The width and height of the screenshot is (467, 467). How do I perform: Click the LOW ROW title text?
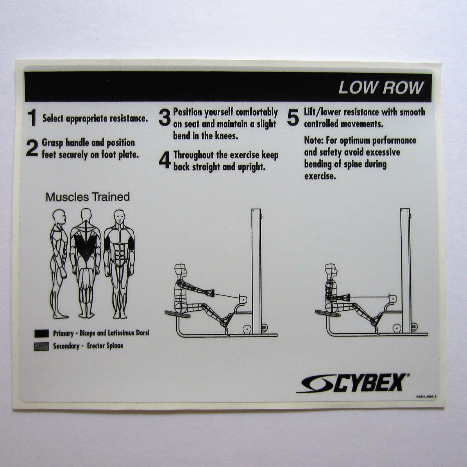pyautogui.click(x=380, y=88)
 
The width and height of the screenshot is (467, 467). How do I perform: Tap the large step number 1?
pyautogui.click(x=32, y=118)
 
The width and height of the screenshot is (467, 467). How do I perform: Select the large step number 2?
pyautogui.click(x=32, y=149)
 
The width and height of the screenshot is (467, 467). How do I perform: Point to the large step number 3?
pyautogui.click(x=165, y=118)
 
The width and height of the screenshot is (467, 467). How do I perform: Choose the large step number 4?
pyautogui.click(x=165, y=160)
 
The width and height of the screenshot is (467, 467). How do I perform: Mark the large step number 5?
pyautogui.click(x=293, y=118)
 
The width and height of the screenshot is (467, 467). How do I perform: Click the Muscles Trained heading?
pyautogui.click(x=88, y=197)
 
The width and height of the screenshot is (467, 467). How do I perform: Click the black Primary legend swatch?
pyautogui.click(x=41, y=334)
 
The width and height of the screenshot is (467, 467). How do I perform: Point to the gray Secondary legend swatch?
pyautogui.click(x=41, y=346)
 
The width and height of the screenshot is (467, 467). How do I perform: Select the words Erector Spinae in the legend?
pyautogui.click(x=105, y=346)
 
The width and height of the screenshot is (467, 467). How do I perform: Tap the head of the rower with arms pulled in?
pyautogui.click(x=331, y=270)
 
